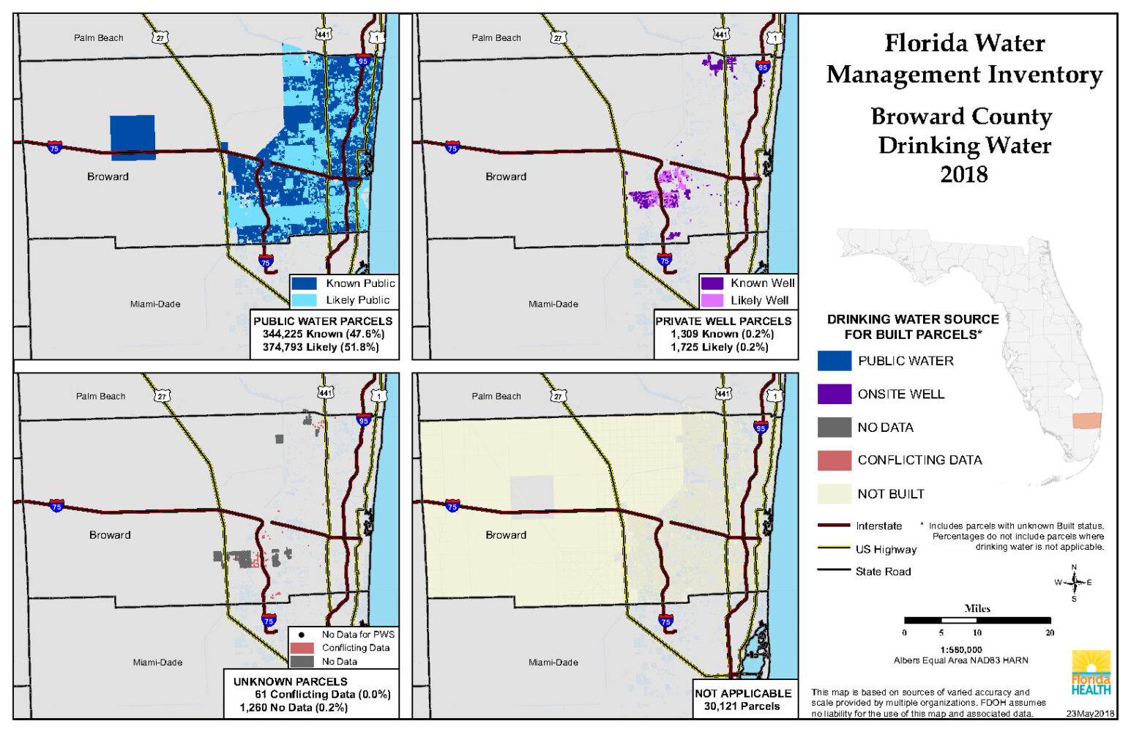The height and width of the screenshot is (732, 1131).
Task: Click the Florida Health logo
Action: pyautogui.click(x=1091, y=672)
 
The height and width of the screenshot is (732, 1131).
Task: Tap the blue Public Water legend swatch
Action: pyautogui.click(x=834, y=361)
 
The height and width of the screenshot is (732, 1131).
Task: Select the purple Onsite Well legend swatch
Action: pyautogui.click(x=834, y=394)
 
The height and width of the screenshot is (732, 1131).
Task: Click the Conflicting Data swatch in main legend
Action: pyautogui.click(x=834, y=460)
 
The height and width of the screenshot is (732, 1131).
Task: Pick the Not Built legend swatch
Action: pyautogui.click(x=834, y=494)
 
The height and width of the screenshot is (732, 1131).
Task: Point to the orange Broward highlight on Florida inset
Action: pyautogui.click(x=1086, y=421)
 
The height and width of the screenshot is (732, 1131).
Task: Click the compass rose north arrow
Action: pyautogui.click(x=1074, y=582)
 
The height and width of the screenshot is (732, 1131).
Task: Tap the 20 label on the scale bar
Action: pyautogui.click(x=1049, y=632)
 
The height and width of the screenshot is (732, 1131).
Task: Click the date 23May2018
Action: pyautogui.click(x=1089, y=713)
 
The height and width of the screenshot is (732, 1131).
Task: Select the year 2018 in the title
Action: pyautogui.click(x=963, y=174)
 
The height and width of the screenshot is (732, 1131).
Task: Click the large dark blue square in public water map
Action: pyautogui.click(x=132, y=137)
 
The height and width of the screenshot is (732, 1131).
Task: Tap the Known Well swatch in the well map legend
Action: pyautogui.click(x=712, y=283)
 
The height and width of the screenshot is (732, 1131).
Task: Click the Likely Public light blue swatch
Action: pyautogui.click(x=304, y=300)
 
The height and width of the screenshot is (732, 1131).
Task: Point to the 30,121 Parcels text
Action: pyautogui.click(x=742, y=706)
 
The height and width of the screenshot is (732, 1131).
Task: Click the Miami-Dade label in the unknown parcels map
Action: pyautogui.click(x=157, y=662)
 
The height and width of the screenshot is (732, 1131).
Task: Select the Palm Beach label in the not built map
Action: pyautogui.click(x=496, y=396)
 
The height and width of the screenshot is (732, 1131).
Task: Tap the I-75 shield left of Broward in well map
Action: pyautogui.click(x=452, y=148)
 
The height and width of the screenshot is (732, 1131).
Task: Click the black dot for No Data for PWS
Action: pyautogui.click(x=301, y=635)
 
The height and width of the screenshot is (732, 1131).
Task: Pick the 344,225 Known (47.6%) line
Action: pyautogui.click(x=323, y=334)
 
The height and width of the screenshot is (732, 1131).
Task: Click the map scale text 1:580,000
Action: pyautogui.click(x=960, y=649)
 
